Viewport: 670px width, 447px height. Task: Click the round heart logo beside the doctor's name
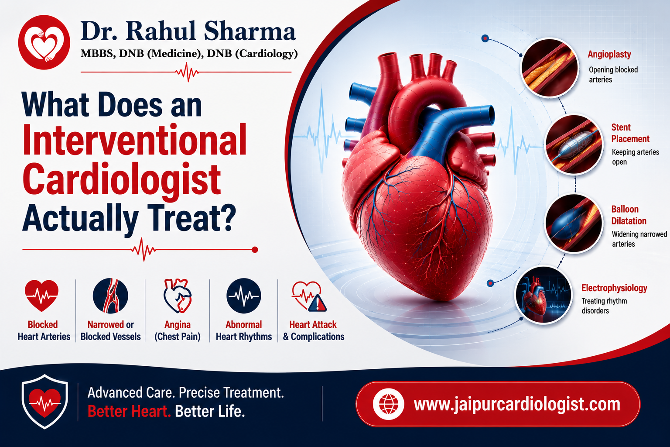(44, 42)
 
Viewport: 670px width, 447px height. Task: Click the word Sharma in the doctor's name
(250, 31)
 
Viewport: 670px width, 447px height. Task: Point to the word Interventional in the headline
(135, 139)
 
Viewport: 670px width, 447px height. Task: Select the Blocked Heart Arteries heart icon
(41, 296)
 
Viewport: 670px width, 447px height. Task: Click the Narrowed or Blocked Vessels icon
(110, 296)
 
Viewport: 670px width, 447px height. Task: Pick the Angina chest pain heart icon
(178, 296)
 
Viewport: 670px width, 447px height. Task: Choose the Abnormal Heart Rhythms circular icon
(243, 296)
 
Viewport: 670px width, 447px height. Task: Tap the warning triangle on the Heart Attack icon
(318, 303)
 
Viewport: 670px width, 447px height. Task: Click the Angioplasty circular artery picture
(550, 67)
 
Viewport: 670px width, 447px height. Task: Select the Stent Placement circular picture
(574, 144)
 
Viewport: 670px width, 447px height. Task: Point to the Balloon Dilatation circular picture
(574, 223)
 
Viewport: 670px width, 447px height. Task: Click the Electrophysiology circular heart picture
(543, 295)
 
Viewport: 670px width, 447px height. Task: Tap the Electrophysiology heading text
(614, 288)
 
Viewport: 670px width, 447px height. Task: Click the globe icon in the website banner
(389, 404)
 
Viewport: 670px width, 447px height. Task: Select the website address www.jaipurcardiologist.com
(517, 404)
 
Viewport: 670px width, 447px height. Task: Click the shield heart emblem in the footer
(44, 401)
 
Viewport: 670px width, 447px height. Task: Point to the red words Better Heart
(129, 411)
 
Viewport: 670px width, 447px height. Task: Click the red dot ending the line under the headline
(255, 250)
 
